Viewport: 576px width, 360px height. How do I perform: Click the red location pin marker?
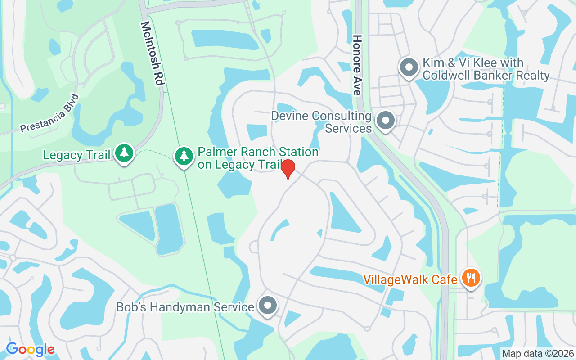(x=288, y=169)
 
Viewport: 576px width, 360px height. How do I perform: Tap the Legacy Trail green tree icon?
(x=124, y=153)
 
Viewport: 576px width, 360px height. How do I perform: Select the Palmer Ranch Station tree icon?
(x=184, y=156)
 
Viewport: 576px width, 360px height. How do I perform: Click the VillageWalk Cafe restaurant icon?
(x=471, y=278)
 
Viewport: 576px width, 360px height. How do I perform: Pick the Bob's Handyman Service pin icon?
(x=268, y=306)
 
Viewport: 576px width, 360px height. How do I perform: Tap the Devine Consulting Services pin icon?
(x=385, y=121)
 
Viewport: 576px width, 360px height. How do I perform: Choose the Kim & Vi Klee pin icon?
(x=409, y=67)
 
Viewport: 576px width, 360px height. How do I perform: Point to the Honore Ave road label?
(x=357, y=65)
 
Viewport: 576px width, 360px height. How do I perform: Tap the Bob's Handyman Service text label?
(x=185, y=307)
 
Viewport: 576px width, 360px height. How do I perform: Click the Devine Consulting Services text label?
(x=321, y=122)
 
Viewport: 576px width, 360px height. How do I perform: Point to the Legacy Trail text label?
(x=76, y=155)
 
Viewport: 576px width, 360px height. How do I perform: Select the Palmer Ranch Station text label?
(x=258, y=158)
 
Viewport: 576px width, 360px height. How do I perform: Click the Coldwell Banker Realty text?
(x=486, y=75)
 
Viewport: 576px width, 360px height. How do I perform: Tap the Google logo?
(x=30, y=349)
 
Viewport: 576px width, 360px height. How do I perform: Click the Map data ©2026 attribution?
(x=538, y=354)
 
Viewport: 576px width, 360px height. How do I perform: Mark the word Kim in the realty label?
(x=433, y=63)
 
